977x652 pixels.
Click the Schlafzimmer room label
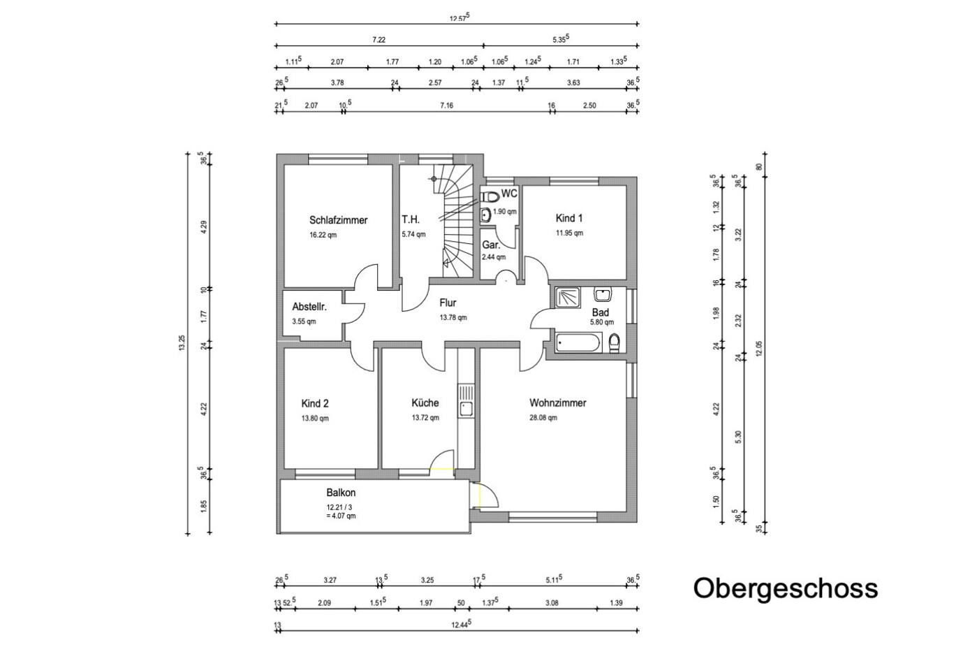click(339, 220)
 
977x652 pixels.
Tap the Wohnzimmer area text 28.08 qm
click(543, 418)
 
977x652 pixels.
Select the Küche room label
click(425, 403)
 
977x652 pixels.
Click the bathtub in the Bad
click(578, 342)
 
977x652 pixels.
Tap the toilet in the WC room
click(490, 196)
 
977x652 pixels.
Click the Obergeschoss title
click(785, 588)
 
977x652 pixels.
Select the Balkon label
click(341, 492)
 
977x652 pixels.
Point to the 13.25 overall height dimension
click(182, 342)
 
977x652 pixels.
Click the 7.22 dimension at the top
click(379, 40)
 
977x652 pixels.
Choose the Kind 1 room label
click(568, 218)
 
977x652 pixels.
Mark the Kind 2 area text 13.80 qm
click(315, 418)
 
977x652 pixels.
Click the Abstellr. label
click(309, 307)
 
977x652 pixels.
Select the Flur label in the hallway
click(448, 303)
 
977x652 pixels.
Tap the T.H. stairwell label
click(411, 219)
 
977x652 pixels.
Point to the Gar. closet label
click(491, 245)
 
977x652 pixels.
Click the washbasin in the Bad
click(603, 294)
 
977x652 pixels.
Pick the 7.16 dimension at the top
click(447, 106)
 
